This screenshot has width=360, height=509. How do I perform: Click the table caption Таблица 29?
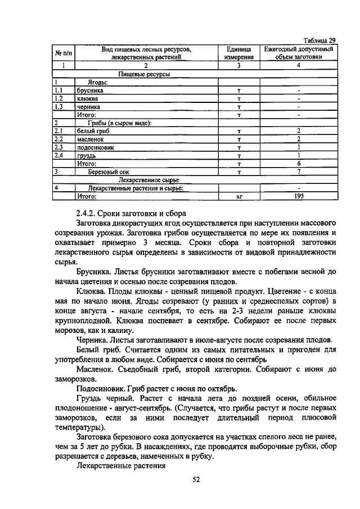pyautogui.click(x=319, y=40)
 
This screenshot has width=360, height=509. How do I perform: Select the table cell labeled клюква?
pyautogui.click(x=88, y=98)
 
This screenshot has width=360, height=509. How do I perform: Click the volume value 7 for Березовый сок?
pyautogui.click(x=299, y=172)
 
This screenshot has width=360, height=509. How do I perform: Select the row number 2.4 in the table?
pyautogui.click(x=58, y=155)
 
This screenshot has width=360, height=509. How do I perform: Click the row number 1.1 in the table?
pyautogui.click(x=58, y=89)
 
